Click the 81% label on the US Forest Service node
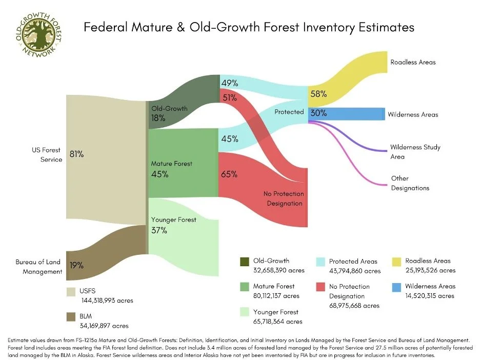tap(76, 153)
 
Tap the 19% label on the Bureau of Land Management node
tap(76, 265)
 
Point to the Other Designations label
tap(410, 183)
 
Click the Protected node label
tap(289, 112)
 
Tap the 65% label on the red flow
tap(229, 174)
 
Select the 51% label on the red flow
tap(229, 97)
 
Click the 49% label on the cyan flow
tap(229, 83)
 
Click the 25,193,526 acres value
tap(430, 270)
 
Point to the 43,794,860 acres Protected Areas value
tap(355, 271)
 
